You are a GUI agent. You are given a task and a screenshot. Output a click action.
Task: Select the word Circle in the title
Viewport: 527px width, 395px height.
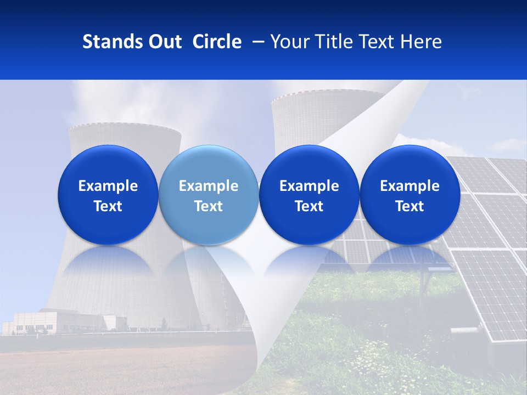click(x=217, y=42)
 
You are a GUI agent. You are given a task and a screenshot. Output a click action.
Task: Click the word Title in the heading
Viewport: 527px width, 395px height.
click(x=333, y=42)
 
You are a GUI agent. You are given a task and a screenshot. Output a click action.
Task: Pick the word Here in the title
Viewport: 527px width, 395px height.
click(x=421, y=42)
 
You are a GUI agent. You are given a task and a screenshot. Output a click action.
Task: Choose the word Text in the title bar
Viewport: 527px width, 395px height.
click(x=376, y=42)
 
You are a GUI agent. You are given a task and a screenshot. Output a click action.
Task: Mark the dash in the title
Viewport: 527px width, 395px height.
click(x=256, y=42)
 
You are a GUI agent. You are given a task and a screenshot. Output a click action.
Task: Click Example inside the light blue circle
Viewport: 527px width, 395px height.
click(x=209, y=186)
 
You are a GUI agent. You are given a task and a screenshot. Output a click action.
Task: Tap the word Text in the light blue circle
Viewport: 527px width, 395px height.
click(x=209, y=206)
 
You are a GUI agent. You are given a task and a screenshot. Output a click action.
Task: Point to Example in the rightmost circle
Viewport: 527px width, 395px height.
click(x=410, y=186)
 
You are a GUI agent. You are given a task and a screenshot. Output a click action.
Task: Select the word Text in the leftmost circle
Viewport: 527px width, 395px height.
click(x=108, y=206)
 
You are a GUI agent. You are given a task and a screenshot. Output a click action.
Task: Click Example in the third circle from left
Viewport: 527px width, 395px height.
click(x=309, y=186)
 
